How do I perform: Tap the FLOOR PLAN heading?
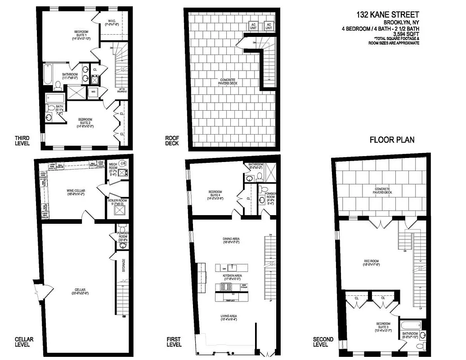point(392,140)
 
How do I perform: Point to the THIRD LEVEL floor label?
point(22,141)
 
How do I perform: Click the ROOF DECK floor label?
point(172,141)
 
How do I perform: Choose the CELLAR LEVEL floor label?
point(22,342)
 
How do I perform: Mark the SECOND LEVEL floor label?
point(323,342)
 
